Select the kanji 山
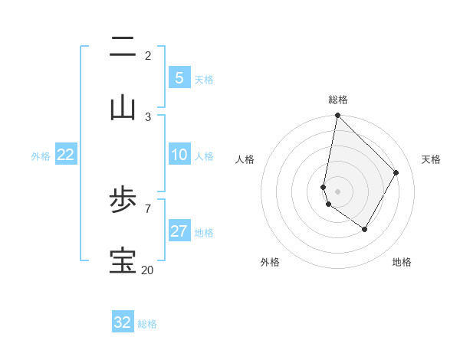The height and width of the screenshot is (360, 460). tap(123, 108)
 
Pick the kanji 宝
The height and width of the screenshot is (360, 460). tap(123, 261)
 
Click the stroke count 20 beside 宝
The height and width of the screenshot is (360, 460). tap(147, 270)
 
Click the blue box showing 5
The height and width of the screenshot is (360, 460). tap(179, 77)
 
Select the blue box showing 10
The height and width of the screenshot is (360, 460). tap(179, 155)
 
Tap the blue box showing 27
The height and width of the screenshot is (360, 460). tap(179, 231)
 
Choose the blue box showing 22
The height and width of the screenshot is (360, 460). tap(66, 155)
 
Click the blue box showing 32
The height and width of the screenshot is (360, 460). tap(123, 322)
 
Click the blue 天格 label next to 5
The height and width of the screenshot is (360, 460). tap(204, 79)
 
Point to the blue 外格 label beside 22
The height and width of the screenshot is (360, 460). tap(41, 156)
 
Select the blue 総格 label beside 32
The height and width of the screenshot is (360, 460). tap(148, 324)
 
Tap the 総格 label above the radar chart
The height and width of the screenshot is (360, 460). tap(338, 100)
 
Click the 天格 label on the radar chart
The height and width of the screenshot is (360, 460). tap(431, 159)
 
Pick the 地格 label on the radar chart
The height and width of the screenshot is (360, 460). tap(402, 262)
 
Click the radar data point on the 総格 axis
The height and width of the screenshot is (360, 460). tap(337, 116)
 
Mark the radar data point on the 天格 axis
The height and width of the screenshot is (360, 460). tap(396, 172)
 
